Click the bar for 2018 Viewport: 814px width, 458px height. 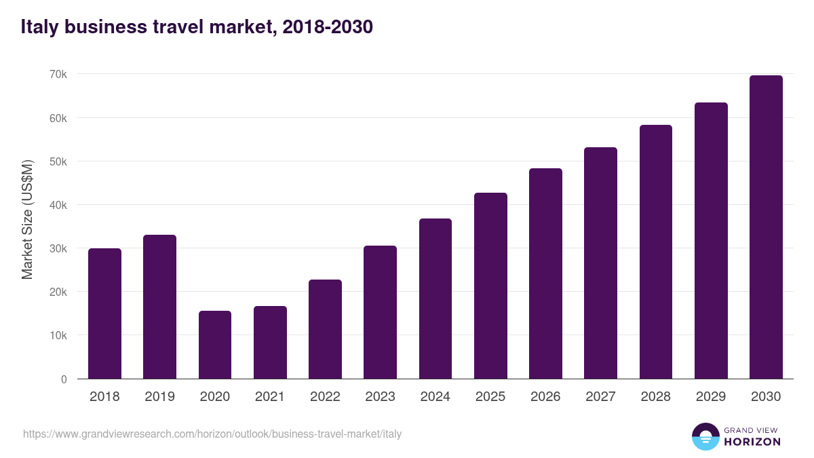click(104, 313)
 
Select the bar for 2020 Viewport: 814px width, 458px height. click(215, 345)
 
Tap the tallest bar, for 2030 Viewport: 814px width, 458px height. click(766, 227)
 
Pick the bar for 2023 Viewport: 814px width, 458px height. click(380, 312)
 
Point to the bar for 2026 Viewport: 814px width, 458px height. click(545, 273)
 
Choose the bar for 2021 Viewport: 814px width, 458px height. click(270, 343)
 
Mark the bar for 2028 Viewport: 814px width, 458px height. click(655, 252)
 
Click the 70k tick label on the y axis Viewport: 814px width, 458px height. click(58, 74)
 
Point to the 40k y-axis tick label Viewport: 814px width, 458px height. click(58, 205)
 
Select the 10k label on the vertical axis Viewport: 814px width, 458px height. click(58, 336)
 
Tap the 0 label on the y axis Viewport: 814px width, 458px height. click(64, 379)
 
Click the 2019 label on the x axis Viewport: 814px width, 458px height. click(159, 397)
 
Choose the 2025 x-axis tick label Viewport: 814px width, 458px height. click(490, 397)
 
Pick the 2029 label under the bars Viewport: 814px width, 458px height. click(711, 397)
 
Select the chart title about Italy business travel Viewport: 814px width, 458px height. click(197, 27)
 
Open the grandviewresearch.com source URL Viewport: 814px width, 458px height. click(212, 434)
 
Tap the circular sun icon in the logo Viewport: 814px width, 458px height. click(705, 436)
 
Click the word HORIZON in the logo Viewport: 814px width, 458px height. click(752, 442)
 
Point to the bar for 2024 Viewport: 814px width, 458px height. click(435, 299)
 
